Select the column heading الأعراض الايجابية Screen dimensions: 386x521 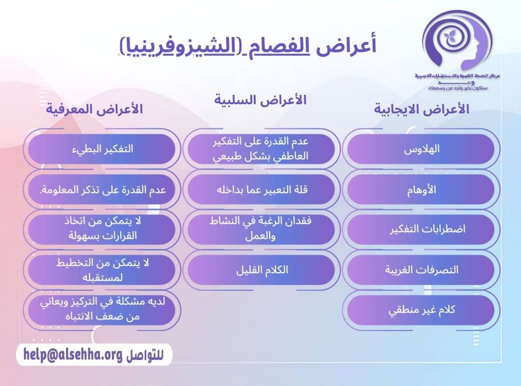(421, 109)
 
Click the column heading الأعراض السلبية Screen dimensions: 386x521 (260, 100)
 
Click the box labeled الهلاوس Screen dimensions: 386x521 (421, 149)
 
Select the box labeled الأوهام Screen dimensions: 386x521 (421, 189)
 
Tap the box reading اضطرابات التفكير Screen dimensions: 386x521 (421, 229)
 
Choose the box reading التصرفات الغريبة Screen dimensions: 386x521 (421, 269)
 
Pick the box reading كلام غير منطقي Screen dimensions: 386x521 (421, 310)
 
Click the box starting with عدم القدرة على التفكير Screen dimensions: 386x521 (261, 149)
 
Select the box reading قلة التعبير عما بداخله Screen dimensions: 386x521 (261, 189)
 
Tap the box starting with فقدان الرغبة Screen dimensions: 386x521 (261, 229)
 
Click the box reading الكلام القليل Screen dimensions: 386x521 (261, 269)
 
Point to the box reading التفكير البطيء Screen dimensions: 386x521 (101, 149)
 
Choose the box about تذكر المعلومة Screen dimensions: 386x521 (101, 189)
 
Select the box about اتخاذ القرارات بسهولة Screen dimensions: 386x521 (101, 229)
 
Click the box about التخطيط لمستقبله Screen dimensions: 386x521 (101, 269)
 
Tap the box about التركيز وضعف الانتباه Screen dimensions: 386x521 (101, 310)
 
